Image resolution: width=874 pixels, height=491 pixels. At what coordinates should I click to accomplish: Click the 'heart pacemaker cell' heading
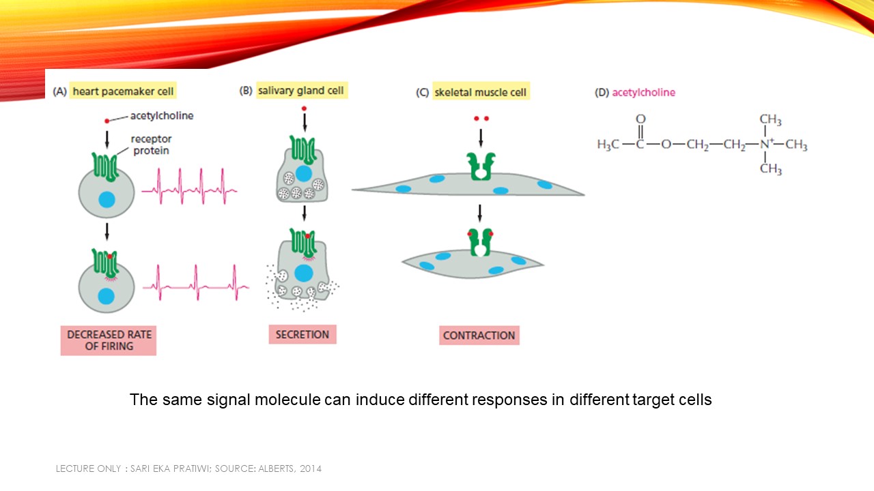click(x=123, y=91)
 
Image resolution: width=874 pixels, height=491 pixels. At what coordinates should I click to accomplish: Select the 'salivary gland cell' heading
click(x=301, y=90)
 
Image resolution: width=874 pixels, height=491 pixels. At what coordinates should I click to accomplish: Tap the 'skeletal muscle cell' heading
click(x=481, y=92)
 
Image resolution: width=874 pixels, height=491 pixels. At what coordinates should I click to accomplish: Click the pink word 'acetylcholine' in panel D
click(x=643, y=92)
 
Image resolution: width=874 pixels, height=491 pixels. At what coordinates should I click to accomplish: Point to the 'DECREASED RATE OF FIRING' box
click(x=109, y=340)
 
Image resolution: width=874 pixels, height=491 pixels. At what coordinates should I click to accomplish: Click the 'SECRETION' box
click(x=302, y=334)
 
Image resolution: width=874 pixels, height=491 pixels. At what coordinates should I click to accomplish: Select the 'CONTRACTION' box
click(x=479, y=335)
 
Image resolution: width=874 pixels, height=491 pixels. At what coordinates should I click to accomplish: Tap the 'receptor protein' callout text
click(x=151, y=145)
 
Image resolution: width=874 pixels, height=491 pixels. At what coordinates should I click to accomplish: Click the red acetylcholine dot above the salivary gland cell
click(x=304, y=108)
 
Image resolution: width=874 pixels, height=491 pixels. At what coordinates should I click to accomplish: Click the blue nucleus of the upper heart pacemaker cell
click(x=107, y=200)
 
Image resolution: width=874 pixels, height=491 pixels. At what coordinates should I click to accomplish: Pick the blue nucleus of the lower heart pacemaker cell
click(x=107, y=296)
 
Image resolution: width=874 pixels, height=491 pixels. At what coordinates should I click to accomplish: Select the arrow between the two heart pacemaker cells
click(x=107, y=232)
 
